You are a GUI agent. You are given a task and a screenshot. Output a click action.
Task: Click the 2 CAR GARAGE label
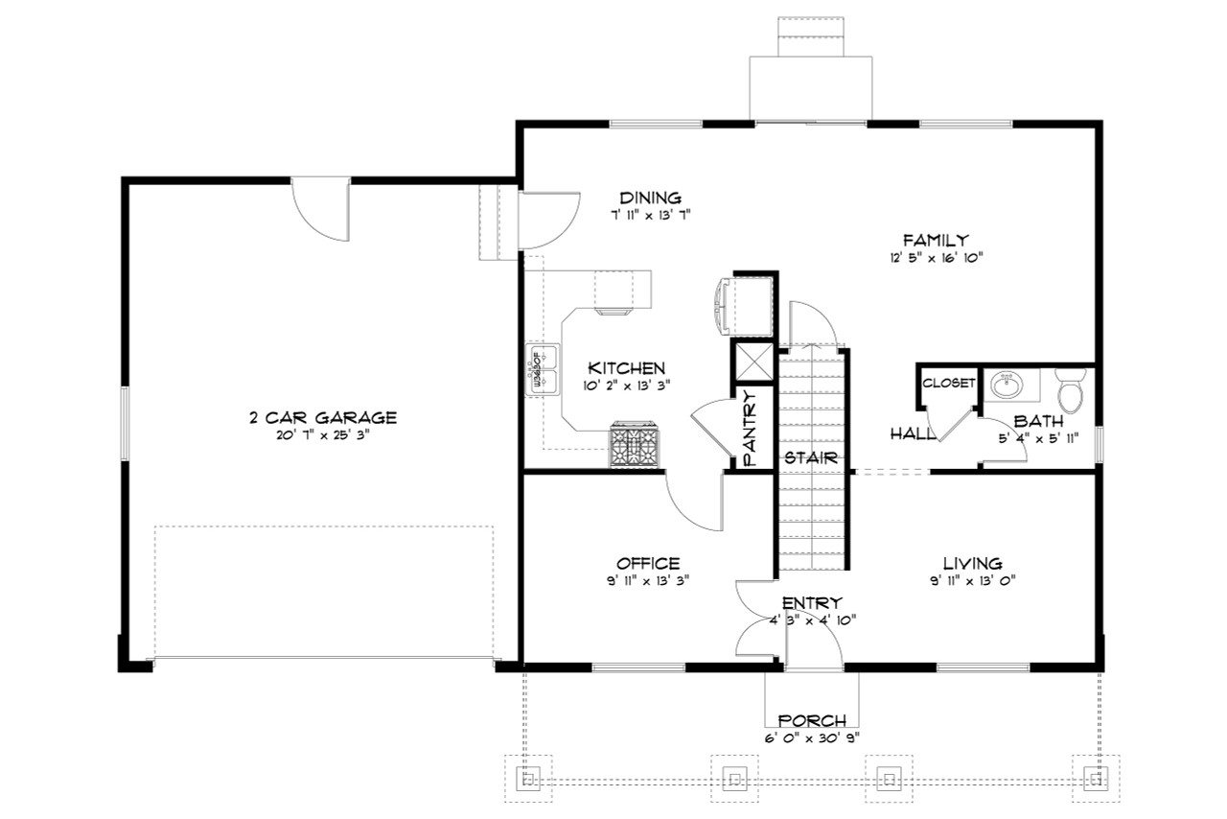322,417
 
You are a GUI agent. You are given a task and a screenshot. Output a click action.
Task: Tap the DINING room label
650,198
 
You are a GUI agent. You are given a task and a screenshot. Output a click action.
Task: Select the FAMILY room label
936,240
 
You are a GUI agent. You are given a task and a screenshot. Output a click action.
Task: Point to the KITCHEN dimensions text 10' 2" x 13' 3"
627,385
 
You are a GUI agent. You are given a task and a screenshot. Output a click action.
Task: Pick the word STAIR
812,456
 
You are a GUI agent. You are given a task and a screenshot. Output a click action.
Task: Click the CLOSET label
948,383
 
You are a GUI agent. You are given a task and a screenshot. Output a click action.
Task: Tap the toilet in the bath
1069,391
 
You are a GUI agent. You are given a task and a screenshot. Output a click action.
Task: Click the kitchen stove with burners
635,446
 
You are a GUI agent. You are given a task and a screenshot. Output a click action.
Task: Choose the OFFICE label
648,563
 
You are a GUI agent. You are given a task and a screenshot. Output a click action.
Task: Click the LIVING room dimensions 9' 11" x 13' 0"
971,579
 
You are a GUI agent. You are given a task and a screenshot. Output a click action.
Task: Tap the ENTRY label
812,602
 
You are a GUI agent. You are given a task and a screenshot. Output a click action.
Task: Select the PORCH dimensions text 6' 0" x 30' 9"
811,737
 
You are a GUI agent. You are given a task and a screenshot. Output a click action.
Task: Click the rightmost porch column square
1090,777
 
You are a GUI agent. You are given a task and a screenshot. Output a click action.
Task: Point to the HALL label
913,433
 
